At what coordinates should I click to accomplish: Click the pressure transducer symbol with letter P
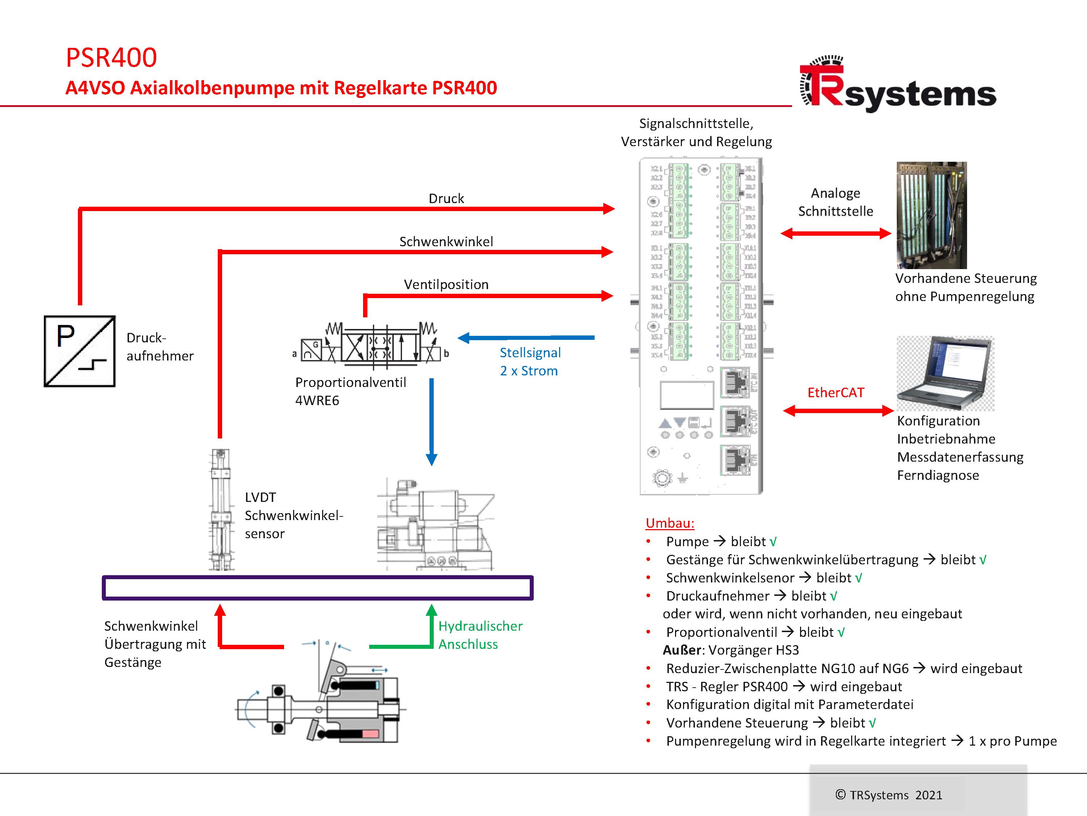pyautogui.click(x=80, y=351)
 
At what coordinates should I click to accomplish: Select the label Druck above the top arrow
pyautogui.click(x=446, y=198)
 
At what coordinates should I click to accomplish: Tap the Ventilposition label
pyautogui.click(x=446, y=284)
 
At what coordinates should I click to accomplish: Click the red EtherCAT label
pyautogui.click(x=836, y=392)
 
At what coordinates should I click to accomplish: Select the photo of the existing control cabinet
pyautogui.click(x=931, y=215)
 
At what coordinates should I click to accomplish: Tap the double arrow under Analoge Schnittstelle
pyautogui.click(x=836, y=234)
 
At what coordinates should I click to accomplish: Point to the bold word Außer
pyautogui.click(x=682, y=650)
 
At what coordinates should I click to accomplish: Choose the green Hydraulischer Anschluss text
pyautogui.click(x=480, y=635)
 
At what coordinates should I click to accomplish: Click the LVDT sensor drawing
pyautogui.click(x=221, y=509)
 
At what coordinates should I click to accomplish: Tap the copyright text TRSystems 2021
pyautogui.click(x=888, y=795)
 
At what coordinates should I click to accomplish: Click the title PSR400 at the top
pyautogui.click(x=112, y=58)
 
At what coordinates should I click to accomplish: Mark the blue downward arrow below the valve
pyautogui.click(x=432, y=421)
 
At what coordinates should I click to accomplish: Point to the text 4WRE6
pyautogui.click(x=317, y=400)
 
